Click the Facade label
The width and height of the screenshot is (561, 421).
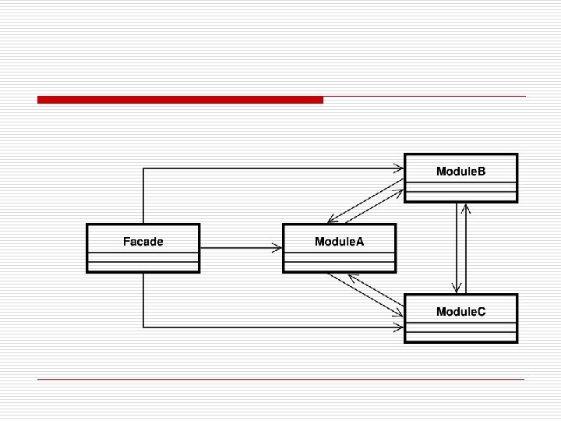(143, 242)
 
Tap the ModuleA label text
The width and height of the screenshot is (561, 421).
(339, 242)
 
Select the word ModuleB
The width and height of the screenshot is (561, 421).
(460, 172)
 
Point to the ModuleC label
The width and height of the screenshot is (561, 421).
(460, 312)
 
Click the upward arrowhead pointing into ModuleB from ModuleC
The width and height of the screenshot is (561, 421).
(466, 208)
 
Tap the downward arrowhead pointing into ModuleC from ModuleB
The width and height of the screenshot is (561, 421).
(456, 289)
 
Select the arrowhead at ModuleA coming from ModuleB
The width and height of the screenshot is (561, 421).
(331, 220)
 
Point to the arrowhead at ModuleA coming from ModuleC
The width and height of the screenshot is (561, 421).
(351, 277)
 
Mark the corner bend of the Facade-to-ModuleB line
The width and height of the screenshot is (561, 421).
(143, 168)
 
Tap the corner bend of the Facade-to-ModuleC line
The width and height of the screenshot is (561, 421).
(143, 326)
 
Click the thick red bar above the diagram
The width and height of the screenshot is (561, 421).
(180, 100)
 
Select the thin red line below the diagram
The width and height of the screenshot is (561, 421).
(280, 380)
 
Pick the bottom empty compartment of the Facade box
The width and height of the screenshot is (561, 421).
(143, 266)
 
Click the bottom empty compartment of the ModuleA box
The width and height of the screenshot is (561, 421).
(339, 266)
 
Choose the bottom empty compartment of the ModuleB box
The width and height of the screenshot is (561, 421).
(460, 196)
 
